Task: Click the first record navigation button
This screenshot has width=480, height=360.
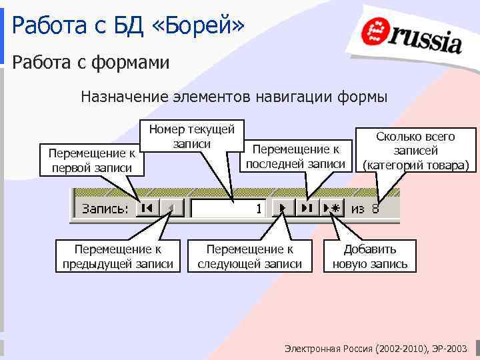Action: [x=147, y=209]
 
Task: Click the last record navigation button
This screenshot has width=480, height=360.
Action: [x=307, y=209]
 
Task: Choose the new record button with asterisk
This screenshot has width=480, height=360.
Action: [x=331, y=209]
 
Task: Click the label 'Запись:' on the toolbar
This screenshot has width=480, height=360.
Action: [x=105, y=209]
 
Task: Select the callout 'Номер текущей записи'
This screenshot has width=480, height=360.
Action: [x=191, y=135]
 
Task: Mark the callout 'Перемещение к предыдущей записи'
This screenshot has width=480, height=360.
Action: [x=117, y=256]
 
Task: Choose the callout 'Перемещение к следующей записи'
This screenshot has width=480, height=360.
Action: [x=249, y=256]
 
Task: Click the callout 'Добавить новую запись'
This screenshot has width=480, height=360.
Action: [x=369, y=256]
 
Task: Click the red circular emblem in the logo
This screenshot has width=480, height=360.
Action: [x=375, y=33]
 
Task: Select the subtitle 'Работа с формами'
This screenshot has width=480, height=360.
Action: [x=91, y=63]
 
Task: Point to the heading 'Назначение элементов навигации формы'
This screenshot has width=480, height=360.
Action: [x=233, y=97]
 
